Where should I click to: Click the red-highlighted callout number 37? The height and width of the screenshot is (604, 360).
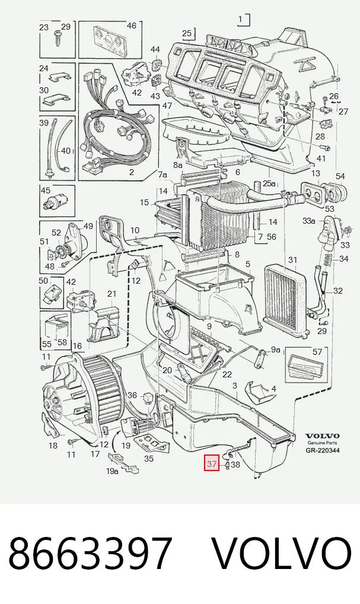(212, 463)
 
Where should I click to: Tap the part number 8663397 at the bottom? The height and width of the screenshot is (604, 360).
(90, 553)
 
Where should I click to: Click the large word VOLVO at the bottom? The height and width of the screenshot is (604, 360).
(283, 553)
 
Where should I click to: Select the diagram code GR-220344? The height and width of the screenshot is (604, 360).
(323, 450)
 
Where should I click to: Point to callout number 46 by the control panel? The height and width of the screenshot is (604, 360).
(131, 26)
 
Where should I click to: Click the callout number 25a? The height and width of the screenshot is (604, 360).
(269, 183)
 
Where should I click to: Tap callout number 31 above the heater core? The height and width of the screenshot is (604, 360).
(292, 260)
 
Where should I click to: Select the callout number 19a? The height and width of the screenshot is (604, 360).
(112, 471)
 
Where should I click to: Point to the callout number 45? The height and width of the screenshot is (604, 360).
(46, 190)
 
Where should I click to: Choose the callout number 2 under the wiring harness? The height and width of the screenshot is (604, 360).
(131, 172)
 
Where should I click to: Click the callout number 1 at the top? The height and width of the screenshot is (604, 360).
(241, 19)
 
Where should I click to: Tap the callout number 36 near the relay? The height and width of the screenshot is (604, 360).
(132, 395)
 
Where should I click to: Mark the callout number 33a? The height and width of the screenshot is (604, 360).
(309, 221)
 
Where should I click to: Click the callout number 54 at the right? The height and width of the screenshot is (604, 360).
(340, 176)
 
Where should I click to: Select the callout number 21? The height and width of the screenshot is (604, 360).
(111, 294)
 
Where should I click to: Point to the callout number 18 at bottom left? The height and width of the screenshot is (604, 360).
(53, 446)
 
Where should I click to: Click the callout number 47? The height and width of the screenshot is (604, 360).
(167, 106)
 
